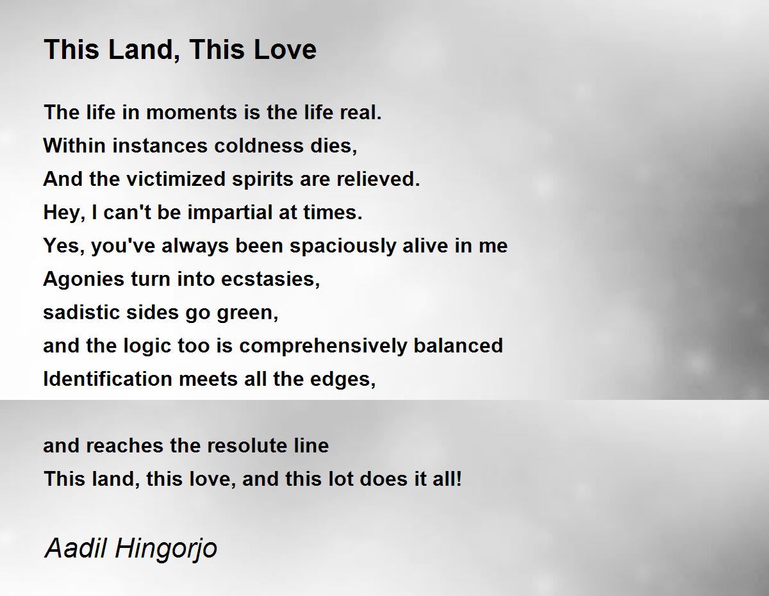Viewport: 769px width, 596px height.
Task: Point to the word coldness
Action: tap(259, 146)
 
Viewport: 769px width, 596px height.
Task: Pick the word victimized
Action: tap(176, 179)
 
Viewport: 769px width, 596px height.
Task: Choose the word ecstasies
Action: tap(270, 279)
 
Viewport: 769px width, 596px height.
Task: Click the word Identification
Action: tap(108, 379)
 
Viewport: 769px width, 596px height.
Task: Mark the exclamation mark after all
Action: tap(459, 479)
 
